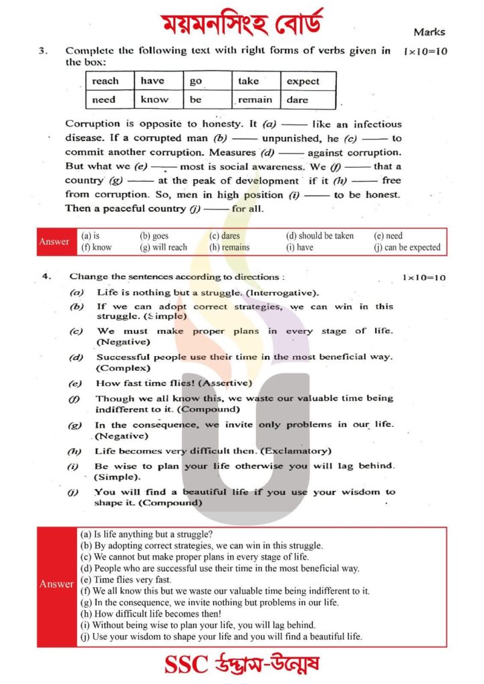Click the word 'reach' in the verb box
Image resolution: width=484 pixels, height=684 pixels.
tap(105, 81)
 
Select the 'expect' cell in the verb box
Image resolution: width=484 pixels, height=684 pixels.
tap(303, 81)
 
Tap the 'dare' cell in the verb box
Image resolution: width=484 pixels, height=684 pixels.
tap(297, 100)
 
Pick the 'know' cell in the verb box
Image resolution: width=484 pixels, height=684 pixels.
tap(154, 100)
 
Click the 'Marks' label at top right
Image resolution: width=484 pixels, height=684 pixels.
tap(429, 31)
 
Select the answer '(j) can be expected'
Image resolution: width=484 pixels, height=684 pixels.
tap(407, 247)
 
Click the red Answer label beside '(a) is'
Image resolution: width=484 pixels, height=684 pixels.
tap(54, 242)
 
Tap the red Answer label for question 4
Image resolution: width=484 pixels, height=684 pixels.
tap(56, 584)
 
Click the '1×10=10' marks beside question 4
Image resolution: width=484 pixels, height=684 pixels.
tap(424, 277)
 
